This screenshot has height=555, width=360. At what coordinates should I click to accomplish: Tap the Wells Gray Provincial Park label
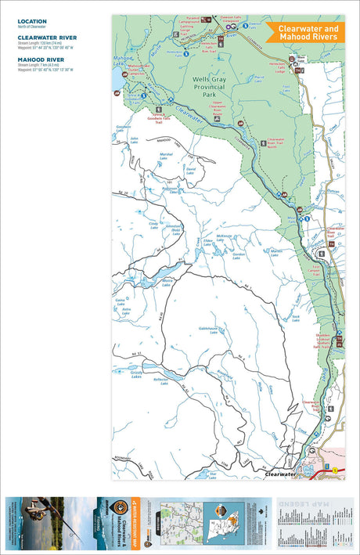[208, 87]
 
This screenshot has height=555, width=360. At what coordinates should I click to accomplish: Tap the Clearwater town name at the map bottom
[281, 474]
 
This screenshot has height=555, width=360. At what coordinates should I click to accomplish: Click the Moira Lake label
[167, 283]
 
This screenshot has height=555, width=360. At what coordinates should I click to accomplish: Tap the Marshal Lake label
[166, 156]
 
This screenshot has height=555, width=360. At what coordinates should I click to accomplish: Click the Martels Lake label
[275, 251]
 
